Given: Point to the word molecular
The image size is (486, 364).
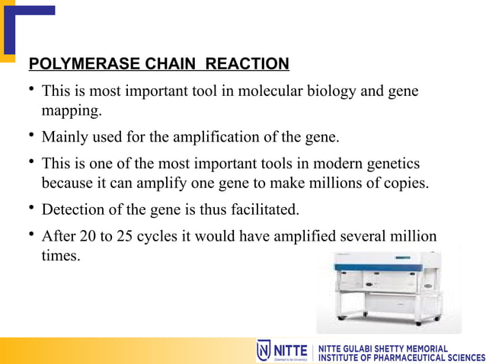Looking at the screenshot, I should tap(268, 92).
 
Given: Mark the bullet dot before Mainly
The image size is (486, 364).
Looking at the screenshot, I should tap(30, 138).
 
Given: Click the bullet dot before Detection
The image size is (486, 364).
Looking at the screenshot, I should tap(30, 210).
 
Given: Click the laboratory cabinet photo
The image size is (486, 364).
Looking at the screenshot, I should tap(388, 290).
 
